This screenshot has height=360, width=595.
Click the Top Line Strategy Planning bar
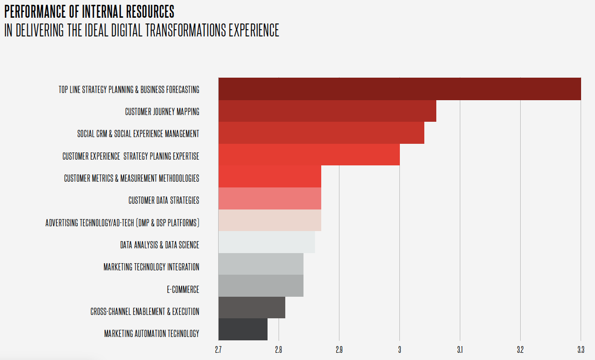[399, 89]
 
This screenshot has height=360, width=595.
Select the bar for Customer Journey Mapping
[327, 111]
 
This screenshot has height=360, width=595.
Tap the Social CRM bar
[321, 133]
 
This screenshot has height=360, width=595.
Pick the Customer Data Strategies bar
[269, 199]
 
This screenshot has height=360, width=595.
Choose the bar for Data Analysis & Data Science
[267, 243]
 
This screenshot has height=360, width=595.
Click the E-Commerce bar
[261, 286]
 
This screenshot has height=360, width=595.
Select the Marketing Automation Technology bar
[243, 329]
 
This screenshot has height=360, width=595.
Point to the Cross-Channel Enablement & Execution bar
[252, 307]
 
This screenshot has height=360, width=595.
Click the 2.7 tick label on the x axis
[218, 349]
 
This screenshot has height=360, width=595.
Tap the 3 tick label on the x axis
[399, 349]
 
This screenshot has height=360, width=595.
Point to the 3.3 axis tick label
[580, 349]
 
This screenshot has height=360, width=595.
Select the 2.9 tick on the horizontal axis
[339, 349]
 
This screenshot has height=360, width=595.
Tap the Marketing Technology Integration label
[151, 267]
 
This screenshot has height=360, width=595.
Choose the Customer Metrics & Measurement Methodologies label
[131, 178]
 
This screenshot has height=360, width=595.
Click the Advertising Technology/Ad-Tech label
[122, 223]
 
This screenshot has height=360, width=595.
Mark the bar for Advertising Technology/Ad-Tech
[269, 221]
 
